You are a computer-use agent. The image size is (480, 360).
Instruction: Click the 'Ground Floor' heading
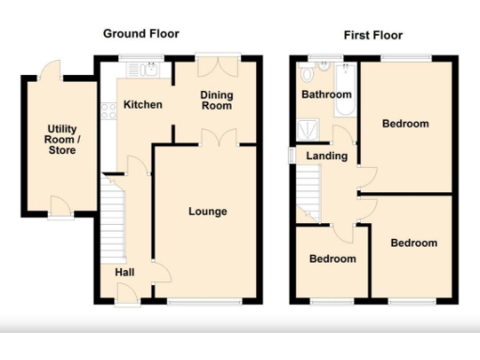coord(140,35)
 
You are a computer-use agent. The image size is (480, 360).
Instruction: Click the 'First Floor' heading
coord(372,36)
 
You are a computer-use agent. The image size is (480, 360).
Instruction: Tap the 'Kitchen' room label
coord(142,105)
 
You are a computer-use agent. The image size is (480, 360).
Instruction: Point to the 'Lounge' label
coord(207,211)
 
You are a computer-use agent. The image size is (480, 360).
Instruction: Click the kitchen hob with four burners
coord(108,110)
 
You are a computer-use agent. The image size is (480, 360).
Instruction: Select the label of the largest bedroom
coord(406,124)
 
